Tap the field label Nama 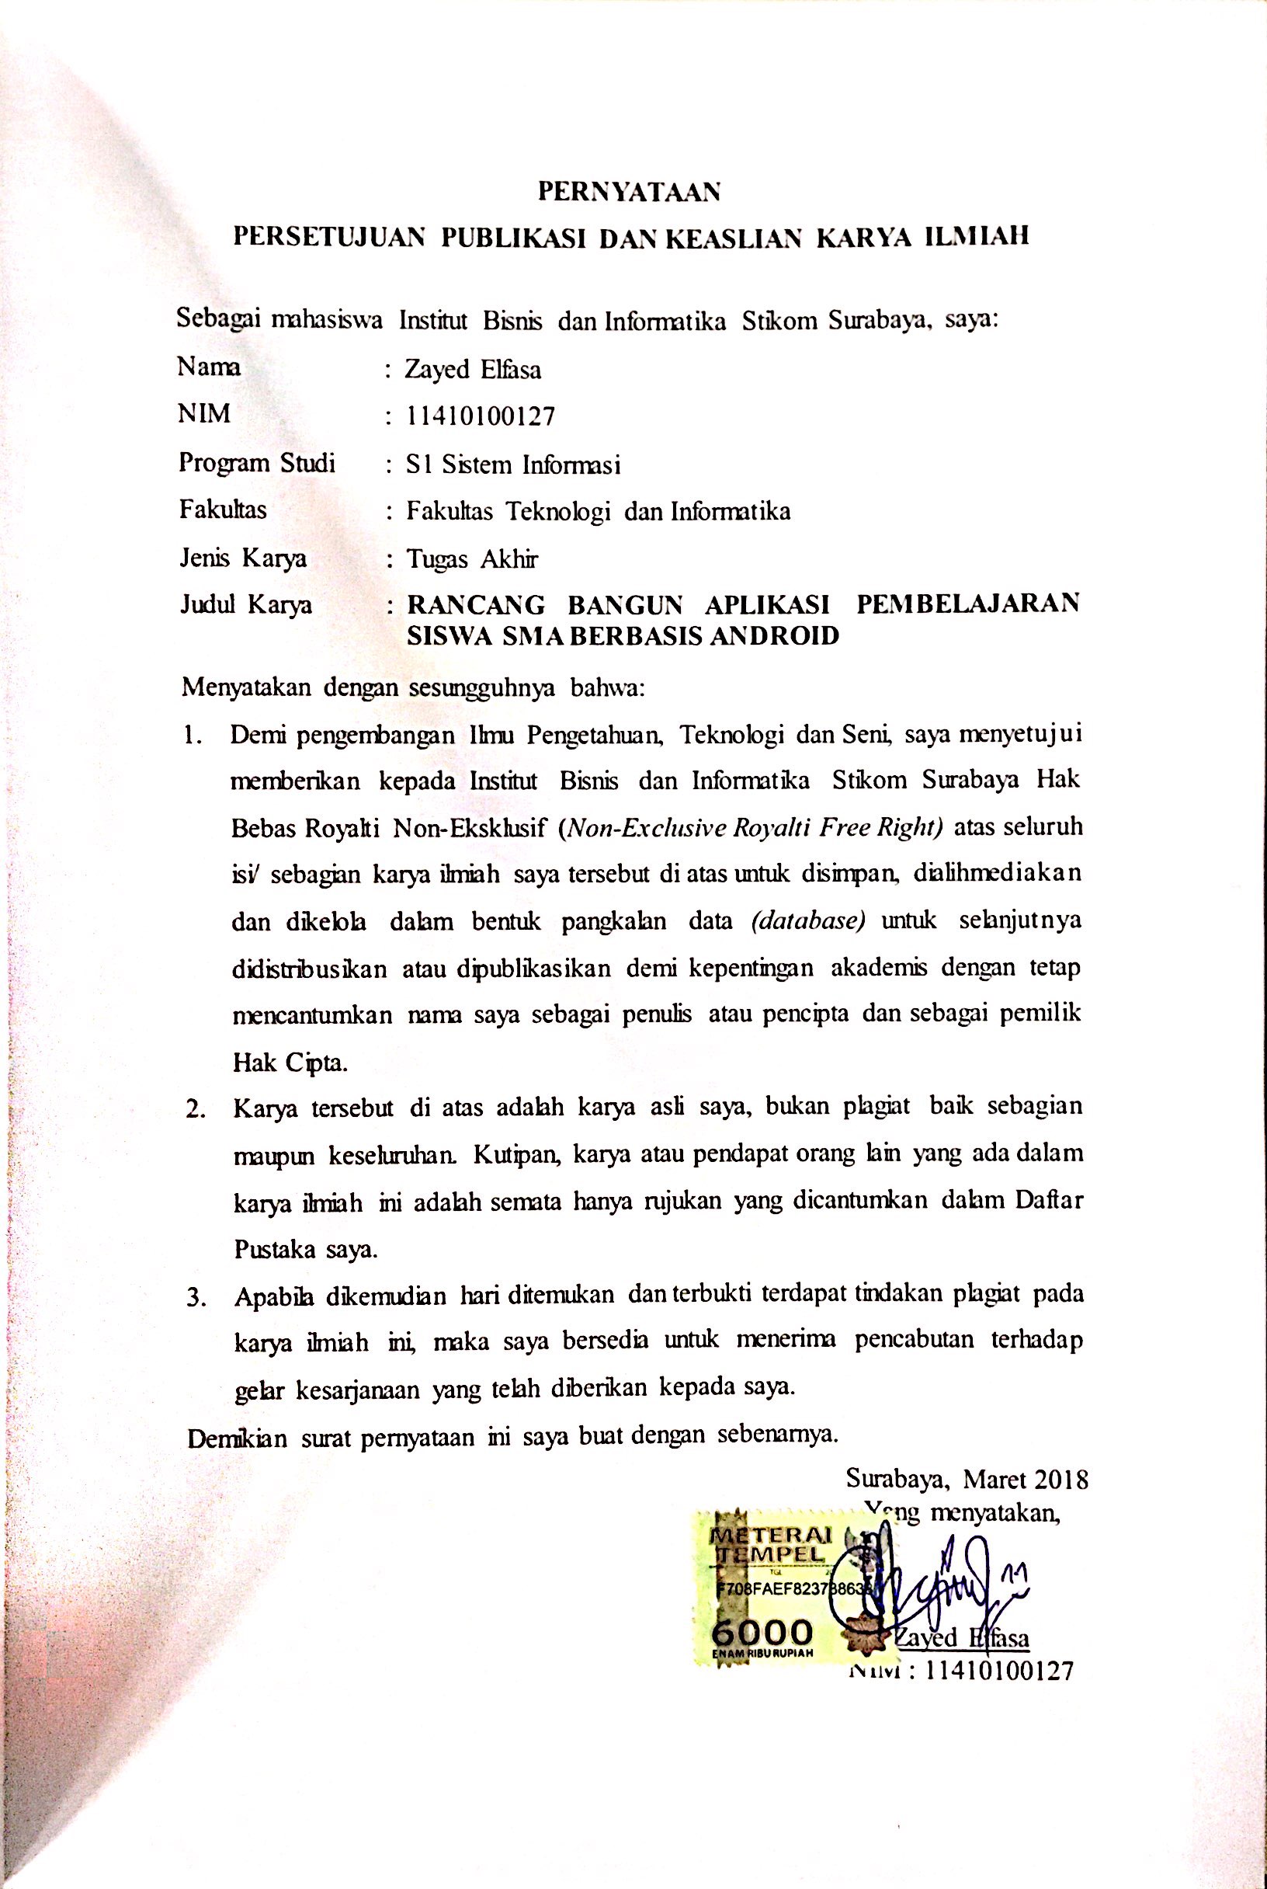[210, 367]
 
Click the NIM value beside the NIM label [481, 416]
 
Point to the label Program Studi [257, 463]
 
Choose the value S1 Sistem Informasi [514, 464]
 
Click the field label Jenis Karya [242, 558]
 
